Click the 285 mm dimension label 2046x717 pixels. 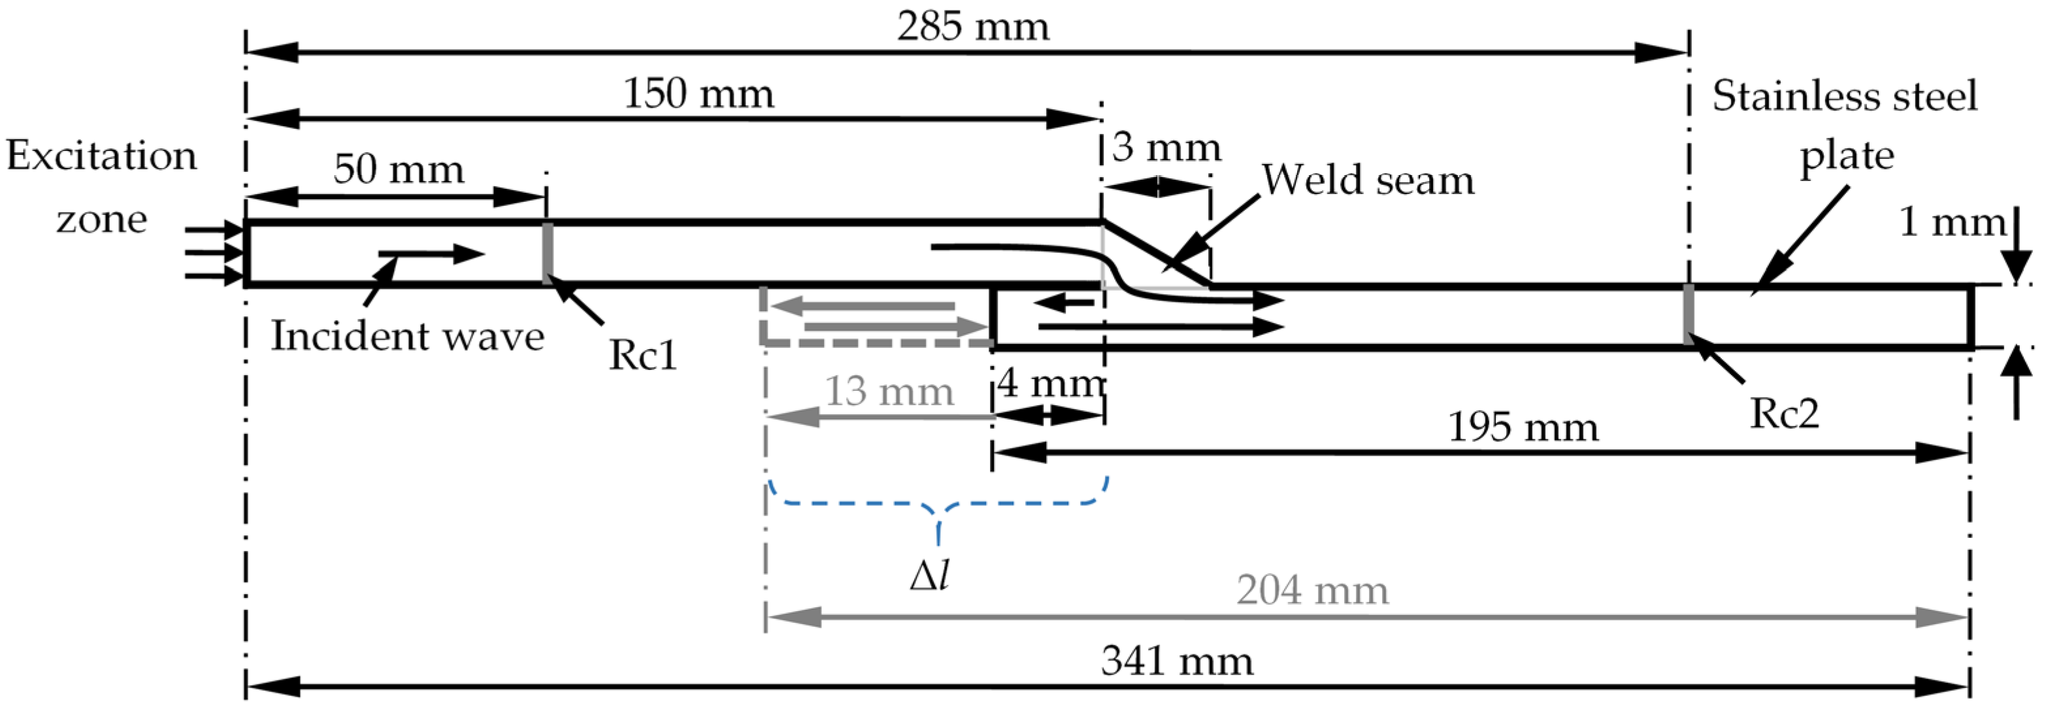click(973, 28)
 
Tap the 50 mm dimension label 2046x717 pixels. click(398, 169)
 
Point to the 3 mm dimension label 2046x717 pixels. click(1165, 148)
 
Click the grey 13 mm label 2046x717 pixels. click(889, 392)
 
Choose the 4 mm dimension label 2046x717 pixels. click(1050, 384)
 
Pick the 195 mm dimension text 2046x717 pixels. click(1523, 427)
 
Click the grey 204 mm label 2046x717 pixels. click(1312, 590)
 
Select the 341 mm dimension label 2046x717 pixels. click(1176, 661)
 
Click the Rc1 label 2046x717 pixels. click(642, 355)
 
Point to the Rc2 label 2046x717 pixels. click(1784, 414)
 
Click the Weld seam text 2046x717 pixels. click(1368, 180)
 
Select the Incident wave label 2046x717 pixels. click(408, 336)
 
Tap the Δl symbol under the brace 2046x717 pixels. click(930, 576)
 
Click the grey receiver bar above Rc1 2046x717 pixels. click(547, 252)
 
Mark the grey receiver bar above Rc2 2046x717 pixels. click(1689, 314)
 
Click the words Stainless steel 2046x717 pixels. click(1844, 97)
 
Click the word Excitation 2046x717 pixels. click(102, 156)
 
